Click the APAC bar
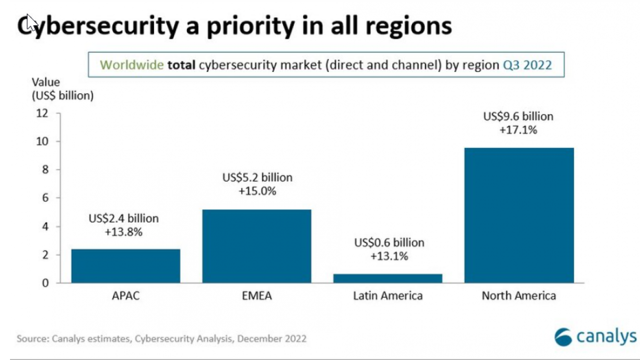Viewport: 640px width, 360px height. (125, 266)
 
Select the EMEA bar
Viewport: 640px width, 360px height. (256, 246)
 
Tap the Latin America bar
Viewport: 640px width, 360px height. (387, 278)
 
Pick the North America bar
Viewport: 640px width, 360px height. (518, 215)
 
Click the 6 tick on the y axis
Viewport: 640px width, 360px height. (45, 198)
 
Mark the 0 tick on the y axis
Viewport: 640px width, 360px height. (45, 283)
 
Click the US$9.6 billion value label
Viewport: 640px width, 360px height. (518, 116)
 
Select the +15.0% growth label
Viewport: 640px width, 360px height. (257, 191)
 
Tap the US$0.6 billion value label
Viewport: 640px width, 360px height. (389, 243)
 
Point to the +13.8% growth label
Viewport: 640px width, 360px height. (124, 232)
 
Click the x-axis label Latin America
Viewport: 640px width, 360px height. (387, 295)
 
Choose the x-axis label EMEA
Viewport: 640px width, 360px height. (256, 295)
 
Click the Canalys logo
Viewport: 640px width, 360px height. (595, 336)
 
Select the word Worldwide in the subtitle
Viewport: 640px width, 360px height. (132, 65)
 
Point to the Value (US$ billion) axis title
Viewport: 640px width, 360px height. (62, 89)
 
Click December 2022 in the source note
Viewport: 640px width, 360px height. (271, 338)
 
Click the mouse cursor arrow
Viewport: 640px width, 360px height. (31, 22)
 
